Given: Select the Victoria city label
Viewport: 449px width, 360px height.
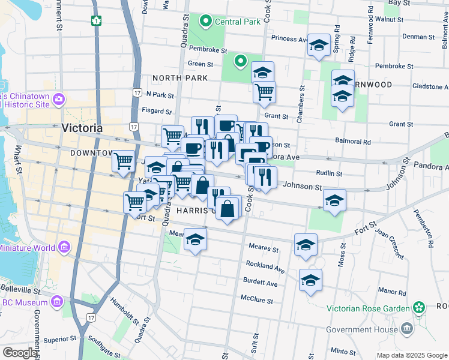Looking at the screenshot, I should click(82, 128).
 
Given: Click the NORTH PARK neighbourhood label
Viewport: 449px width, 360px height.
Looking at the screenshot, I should click(180, 78).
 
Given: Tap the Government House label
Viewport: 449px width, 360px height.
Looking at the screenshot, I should click(361, 329).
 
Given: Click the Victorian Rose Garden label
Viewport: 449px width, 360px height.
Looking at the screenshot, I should click(369, 308).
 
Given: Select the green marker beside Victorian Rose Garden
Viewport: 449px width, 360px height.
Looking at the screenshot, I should click(418, 308).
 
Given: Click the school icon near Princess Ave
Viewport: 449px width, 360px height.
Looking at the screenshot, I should click(319, 45).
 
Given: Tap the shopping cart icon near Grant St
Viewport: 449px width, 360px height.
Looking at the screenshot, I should click(264, 92).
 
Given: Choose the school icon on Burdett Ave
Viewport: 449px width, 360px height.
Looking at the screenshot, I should click(310, 280).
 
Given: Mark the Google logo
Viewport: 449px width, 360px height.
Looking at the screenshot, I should click(20, 353).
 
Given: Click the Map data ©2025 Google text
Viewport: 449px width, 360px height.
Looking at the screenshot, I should click(411, 355).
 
